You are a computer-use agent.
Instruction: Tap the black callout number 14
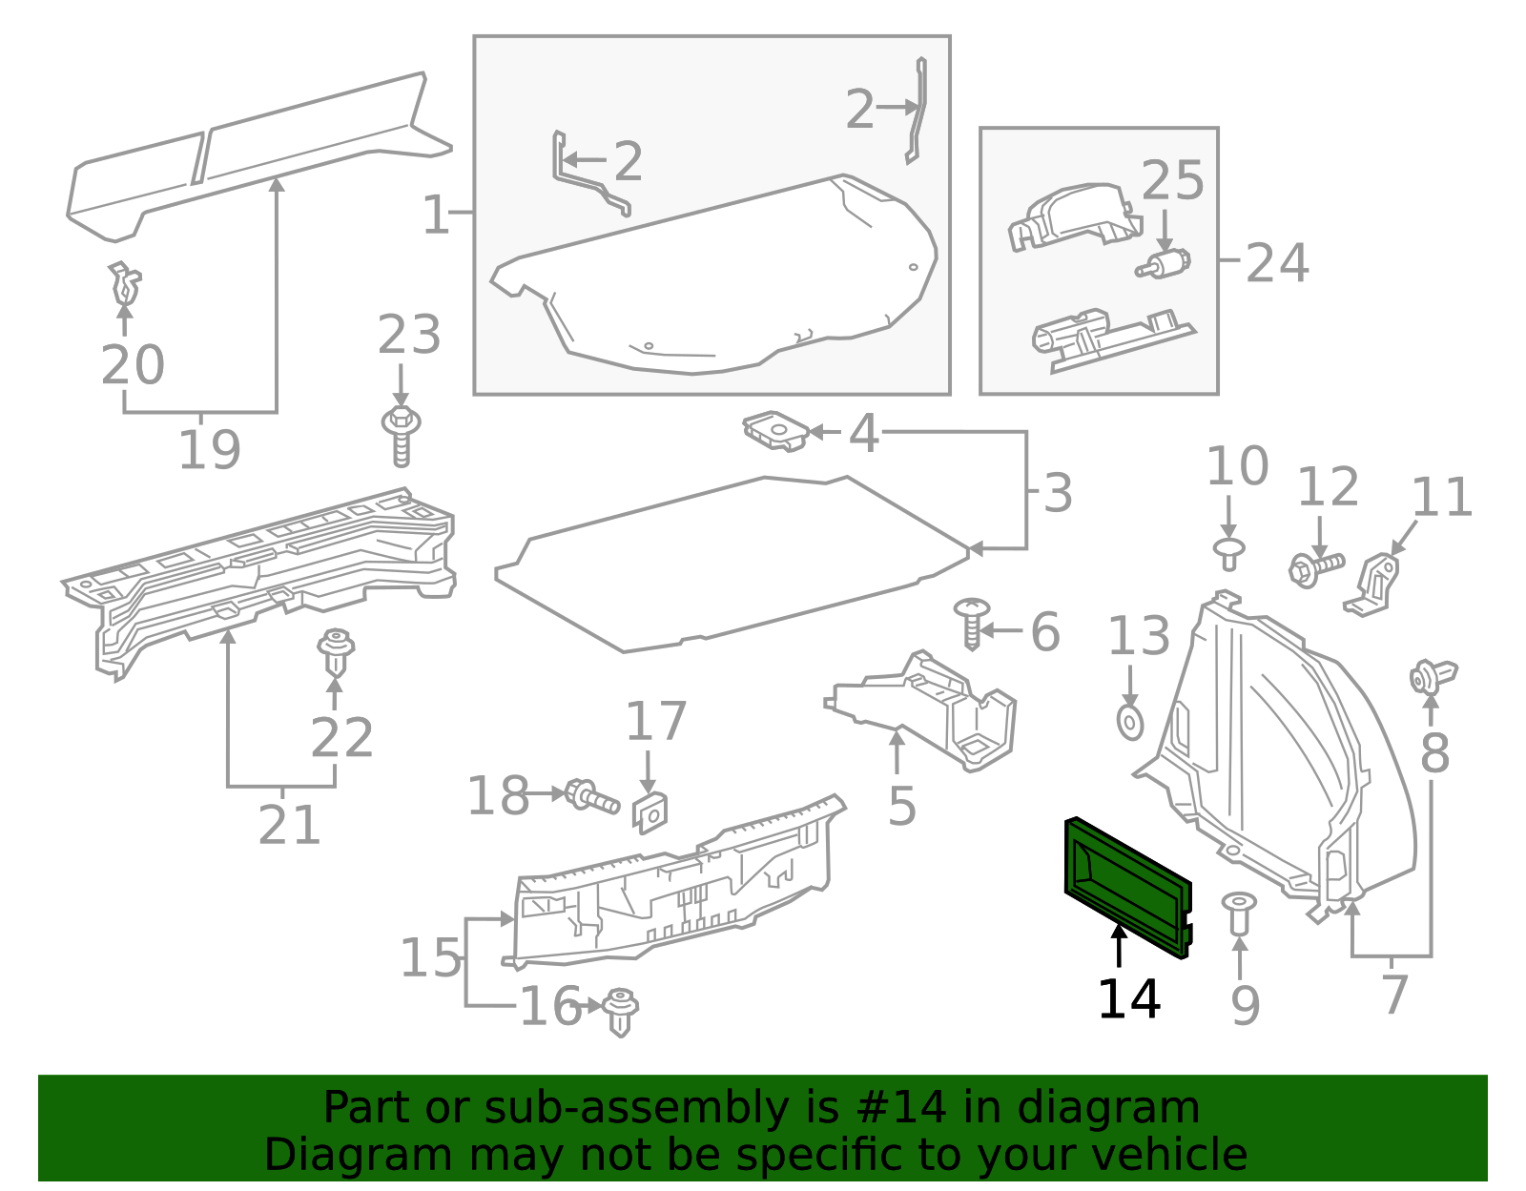click(x=1128, y=1000)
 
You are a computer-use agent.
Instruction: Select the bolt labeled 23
click(x=402, y=436)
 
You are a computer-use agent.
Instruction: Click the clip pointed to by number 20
click(x=124, y=282)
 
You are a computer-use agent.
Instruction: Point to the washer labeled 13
click(x=1130, y=722)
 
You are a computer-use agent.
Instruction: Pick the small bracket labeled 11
click(x=1374, y=583)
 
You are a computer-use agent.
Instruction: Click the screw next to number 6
click(x=972, y=623)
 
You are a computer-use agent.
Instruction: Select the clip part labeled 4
click(x=776, y=431)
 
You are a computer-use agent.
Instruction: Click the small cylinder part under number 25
click(x=1164, y=264)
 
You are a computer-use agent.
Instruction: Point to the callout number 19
click(x=210, y=450)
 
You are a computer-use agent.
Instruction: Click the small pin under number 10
click(x=1229, y=552)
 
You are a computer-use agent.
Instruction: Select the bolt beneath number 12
click(x=1316, y=568)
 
